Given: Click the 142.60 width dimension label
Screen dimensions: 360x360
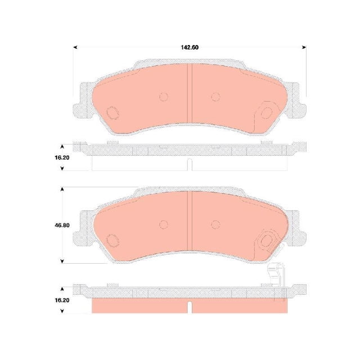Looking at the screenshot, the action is [x=190, y=47].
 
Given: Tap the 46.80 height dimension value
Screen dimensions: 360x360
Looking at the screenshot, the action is [x=62, y=225].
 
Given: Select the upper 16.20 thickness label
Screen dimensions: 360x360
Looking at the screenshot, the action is [x=62, y=157].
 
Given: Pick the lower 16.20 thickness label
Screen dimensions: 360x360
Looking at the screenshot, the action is [x=62, y=300].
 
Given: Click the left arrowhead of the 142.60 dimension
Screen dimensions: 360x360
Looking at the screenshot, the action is [x=75, y=47].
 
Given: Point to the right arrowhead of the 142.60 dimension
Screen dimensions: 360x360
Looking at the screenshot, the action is [x=304, y=47].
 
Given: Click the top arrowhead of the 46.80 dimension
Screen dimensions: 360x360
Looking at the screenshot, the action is [x=62, y=190].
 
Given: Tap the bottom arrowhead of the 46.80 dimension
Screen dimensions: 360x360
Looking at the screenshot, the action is [x=62, y=261].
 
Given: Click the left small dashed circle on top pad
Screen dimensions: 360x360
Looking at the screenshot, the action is [x=164, y=97].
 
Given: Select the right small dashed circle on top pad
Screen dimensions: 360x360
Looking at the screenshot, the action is [x=215, y=97].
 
